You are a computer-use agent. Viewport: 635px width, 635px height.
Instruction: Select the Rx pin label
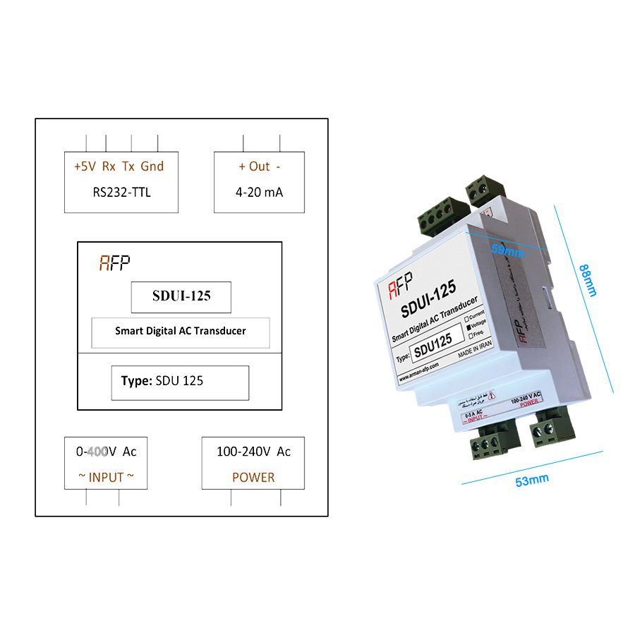tap(109, 167)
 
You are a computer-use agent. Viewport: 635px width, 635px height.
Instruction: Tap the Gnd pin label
tap(152, 167)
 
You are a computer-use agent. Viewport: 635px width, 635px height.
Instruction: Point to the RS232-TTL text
tap(121, 192)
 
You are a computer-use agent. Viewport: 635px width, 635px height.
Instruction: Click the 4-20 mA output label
tap(259, 192)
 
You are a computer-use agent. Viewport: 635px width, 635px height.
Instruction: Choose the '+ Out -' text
tap(259, 167)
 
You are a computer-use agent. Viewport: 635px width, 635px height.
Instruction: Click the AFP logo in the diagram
tap(114, 264)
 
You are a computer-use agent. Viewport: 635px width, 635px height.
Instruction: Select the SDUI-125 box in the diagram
tap(181, 297)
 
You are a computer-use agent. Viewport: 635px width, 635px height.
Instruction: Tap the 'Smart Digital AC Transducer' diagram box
tap(181, 331)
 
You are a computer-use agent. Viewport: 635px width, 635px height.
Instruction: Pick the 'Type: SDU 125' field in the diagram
tap(180, 382)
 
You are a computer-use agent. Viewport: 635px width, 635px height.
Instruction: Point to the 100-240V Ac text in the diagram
tap(253, 452)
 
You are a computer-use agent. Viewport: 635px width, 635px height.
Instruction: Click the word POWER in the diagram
tap(253, 478)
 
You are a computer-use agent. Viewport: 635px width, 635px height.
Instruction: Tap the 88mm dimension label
tap(588, 279)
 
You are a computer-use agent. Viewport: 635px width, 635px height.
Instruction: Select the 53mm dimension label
tap(531, 481)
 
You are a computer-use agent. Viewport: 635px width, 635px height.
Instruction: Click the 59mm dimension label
tap(507, 250)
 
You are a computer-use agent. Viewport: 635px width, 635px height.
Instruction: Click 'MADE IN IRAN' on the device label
tap(474, 351)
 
